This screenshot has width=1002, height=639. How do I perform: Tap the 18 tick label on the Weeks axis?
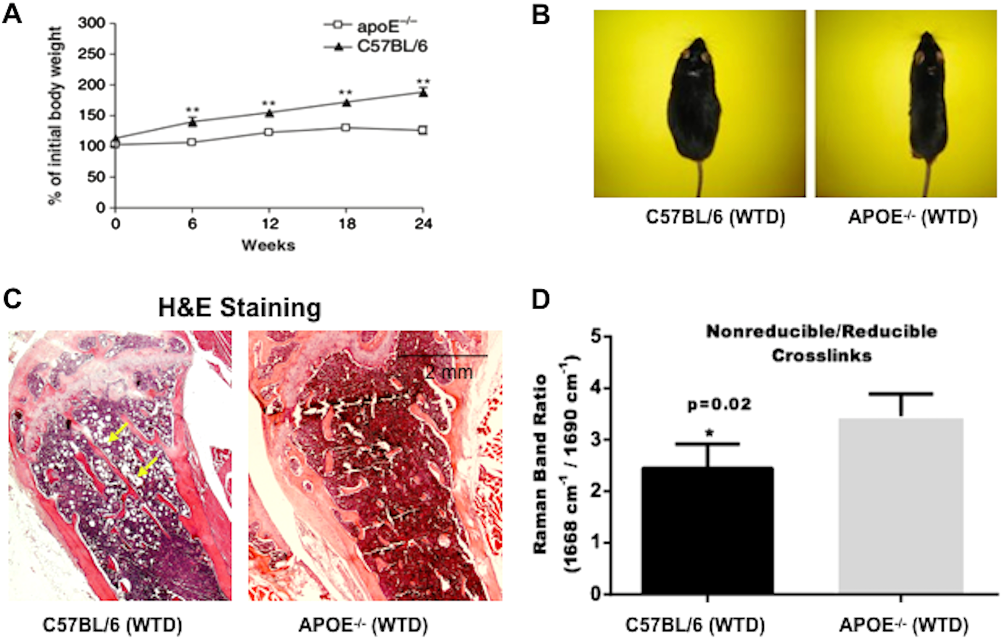[x=347, y=224]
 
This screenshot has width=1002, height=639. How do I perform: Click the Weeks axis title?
[x=268, y=245]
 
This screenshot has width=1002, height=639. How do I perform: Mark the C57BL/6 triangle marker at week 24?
[x=423, y=93]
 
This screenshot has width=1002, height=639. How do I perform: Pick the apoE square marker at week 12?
[x=269, y=132]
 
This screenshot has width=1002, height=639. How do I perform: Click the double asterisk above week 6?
[x=192, y=110]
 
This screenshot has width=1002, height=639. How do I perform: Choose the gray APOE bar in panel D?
[x=901, y=506]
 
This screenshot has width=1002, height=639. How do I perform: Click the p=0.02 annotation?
[x=719, y=404]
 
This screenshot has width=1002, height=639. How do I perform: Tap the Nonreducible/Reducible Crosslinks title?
[x=821, y=343]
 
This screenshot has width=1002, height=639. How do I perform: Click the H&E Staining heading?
[x=239, y=308]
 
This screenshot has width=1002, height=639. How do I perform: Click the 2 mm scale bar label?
[x=449, y=372]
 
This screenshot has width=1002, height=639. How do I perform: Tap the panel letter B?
[x=541, y=15]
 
